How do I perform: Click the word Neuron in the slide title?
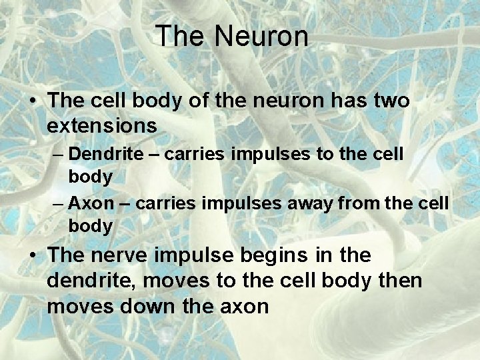click(262, 36)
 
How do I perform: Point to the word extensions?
click(102, 125)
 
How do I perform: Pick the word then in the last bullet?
click(399, 281)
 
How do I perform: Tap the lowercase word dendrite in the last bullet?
click(89, 281)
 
